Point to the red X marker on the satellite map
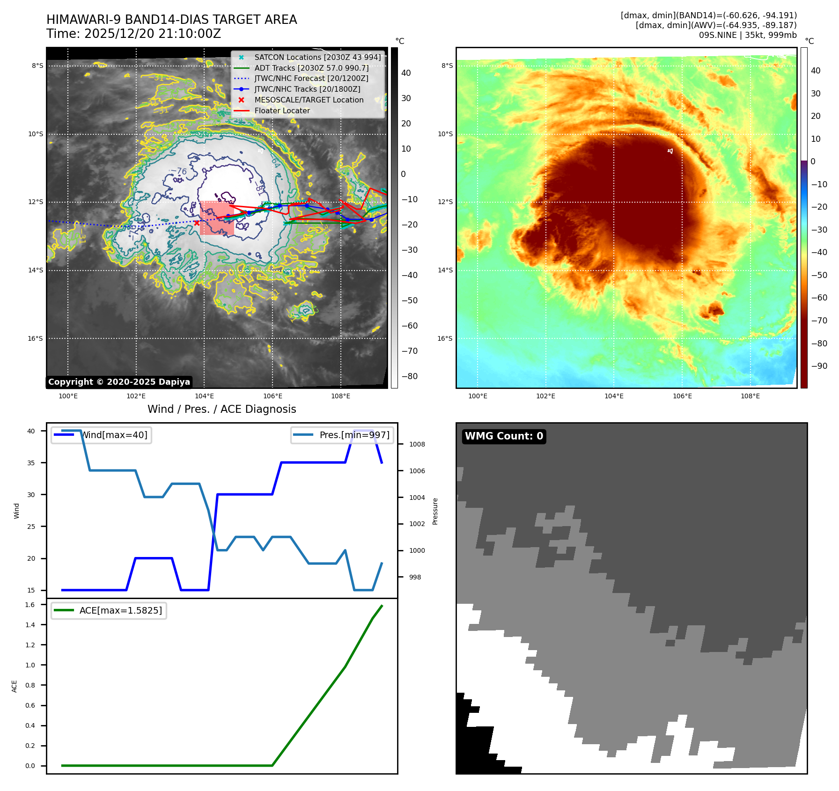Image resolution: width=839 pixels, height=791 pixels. pyautogui.click(x=197, y=223)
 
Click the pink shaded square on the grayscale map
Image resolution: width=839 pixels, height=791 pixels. pyautogui.click(x=217, y=218)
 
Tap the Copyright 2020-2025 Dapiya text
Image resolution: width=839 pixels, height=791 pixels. pyautogui.click(x=119, y=382)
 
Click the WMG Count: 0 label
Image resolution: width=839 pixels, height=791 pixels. pyautogui.click(x=504, y=436)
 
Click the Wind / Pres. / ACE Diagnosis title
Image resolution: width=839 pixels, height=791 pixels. pyautogui.click(x=221, y=409)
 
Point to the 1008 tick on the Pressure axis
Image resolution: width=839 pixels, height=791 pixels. pyautogui.click(x=417, y=444)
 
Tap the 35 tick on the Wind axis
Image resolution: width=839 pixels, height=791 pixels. pyautogui.click(x=31, y=463)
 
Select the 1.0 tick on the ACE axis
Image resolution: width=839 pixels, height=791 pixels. pyautogui.click(x=30, y=665)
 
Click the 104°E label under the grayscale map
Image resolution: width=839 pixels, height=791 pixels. pyautogui.click(x=204, y=396)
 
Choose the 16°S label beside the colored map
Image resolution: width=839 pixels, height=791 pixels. pyautogui.click(x=445, y=338)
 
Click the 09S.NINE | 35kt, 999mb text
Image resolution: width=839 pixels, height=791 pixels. pyautogui.click(x=747, y=35)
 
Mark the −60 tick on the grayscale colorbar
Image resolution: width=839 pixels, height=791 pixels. pyautogui.click(x=409, y=326)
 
